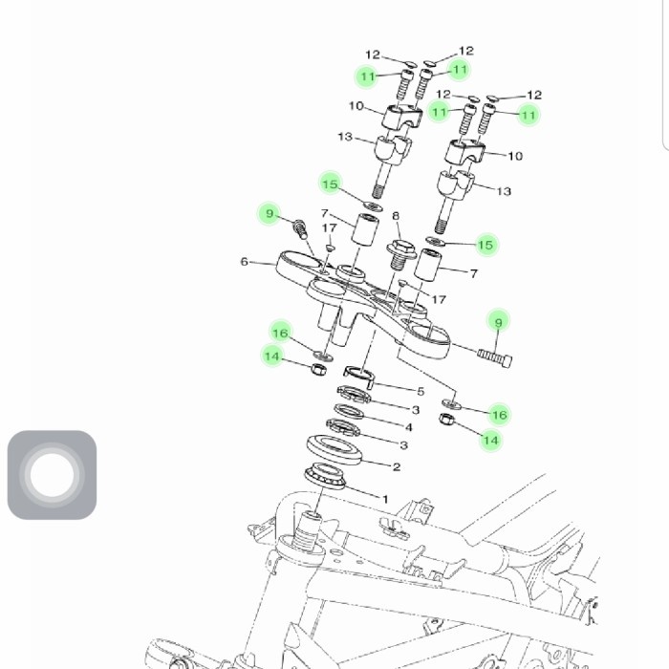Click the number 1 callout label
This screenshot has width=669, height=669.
click(x=385, y=499)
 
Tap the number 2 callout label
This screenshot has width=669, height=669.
click(x=397, y=466)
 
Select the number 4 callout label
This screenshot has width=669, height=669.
click(x=409, y=427)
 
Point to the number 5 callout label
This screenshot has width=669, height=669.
click(x=420, y=391)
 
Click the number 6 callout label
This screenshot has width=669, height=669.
click(x=245, y=261)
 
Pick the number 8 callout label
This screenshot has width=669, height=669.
click(x=396, y=217)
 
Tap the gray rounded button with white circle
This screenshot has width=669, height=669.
click(x=52, y=475)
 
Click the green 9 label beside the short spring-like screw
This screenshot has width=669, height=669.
click(x=270, y=213)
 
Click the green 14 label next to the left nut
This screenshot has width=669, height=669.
click(x=273, y=356)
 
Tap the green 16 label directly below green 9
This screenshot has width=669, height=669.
click(x=499, y=415)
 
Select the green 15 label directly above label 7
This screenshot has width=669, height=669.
click(x=330, y=183)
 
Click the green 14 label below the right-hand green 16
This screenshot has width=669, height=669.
click(x=490, y=441)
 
